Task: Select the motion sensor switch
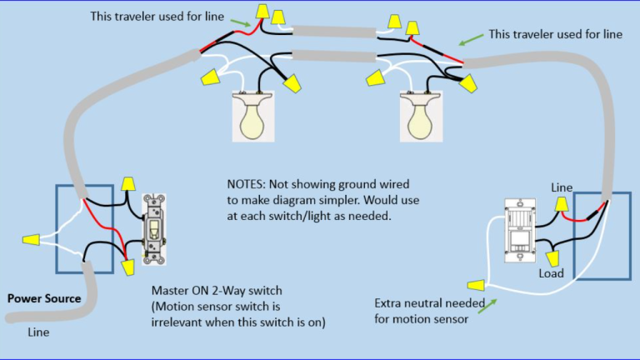(x=520, y=233)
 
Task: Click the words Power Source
(x=44, y=298)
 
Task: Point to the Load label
(x=551, y=273)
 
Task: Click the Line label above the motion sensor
(x=561, y=188)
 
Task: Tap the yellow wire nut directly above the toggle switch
(x=128, y=183)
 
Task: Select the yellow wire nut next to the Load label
(x=552, y=257)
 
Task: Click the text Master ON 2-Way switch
(x=215, y=292)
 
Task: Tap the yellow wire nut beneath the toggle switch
(x=127, y=267)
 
